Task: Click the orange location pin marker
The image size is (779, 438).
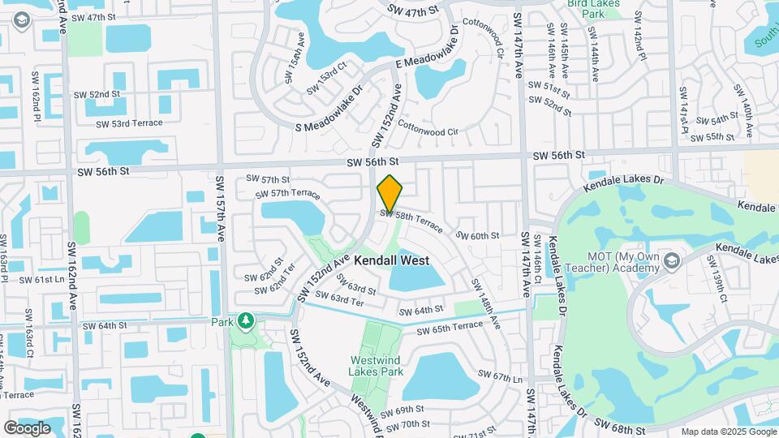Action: click(x=390, y=193)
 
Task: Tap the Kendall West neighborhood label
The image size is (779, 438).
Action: click(x=391, y=260)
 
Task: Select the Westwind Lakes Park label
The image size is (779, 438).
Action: click(x=377, y=366)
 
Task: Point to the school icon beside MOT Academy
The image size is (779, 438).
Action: click(x=670, y=261)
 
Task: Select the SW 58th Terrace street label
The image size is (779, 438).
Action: click(x=411, y=217)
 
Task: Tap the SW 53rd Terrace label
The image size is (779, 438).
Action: click(x=129, y=123)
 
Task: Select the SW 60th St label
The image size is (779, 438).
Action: click(x=477, y=235)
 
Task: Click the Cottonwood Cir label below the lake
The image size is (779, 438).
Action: click(x=428, y=130)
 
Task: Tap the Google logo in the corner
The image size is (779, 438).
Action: click(x=27, y=427)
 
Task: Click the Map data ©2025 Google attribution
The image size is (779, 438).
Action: click(x=727, y=432)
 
